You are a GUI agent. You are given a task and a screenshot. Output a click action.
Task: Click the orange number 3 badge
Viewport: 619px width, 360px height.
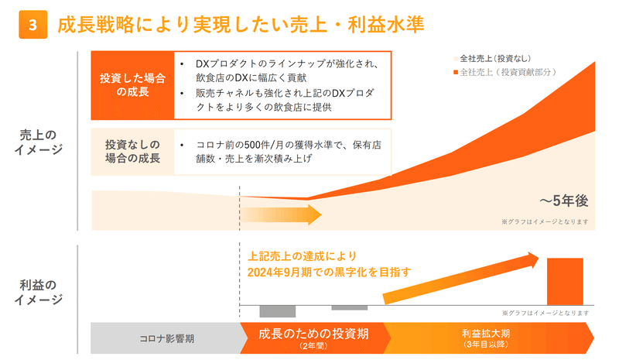pos(32,25)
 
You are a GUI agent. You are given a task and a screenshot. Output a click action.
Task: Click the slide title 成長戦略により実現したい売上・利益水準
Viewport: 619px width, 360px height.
pos(241,24)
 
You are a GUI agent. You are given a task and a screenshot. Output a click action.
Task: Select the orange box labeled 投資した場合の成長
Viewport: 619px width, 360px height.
pos(132,85)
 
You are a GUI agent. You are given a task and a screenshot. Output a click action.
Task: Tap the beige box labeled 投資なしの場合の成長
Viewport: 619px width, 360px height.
pos(132,151)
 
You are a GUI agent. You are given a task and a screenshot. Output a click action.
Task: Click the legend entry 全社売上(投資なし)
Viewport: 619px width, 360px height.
pos(492,59)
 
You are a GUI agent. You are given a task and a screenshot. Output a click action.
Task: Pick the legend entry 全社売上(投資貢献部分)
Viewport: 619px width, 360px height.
pos(505,72)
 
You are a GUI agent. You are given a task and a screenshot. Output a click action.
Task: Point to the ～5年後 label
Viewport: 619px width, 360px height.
pos(564,201)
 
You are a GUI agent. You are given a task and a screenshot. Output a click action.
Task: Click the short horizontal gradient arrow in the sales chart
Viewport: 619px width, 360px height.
pos(281,215)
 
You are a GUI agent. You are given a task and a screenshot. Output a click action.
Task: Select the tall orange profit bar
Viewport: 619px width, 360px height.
pos(565,281)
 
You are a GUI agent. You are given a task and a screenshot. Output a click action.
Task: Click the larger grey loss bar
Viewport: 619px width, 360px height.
pos(278,311)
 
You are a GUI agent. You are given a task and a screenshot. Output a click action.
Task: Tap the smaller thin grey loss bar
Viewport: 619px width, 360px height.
pos(350,308)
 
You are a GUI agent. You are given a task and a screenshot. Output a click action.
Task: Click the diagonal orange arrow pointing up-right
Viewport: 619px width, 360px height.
pos(460,279)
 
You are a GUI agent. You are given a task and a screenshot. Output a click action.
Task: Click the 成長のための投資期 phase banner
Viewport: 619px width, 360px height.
pos(313,338)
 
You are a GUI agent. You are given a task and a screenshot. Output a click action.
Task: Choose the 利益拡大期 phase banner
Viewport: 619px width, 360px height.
pos(487,338)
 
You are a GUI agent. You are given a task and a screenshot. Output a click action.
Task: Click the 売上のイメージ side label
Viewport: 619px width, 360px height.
pos(38,142)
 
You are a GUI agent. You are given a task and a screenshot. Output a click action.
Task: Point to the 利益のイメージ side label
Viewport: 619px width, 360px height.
pos(38,292)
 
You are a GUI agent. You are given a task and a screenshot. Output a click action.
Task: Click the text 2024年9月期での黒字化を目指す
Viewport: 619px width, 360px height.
pos(330,273)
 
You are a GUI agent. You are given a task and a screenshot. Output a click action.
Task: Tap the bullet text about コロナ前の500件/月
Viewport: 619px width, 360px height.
pos(289,152)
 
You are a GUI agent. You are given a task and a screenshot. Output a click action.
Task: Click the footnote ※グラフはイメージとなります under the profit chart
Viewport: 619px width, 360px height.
pos(545,313)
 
